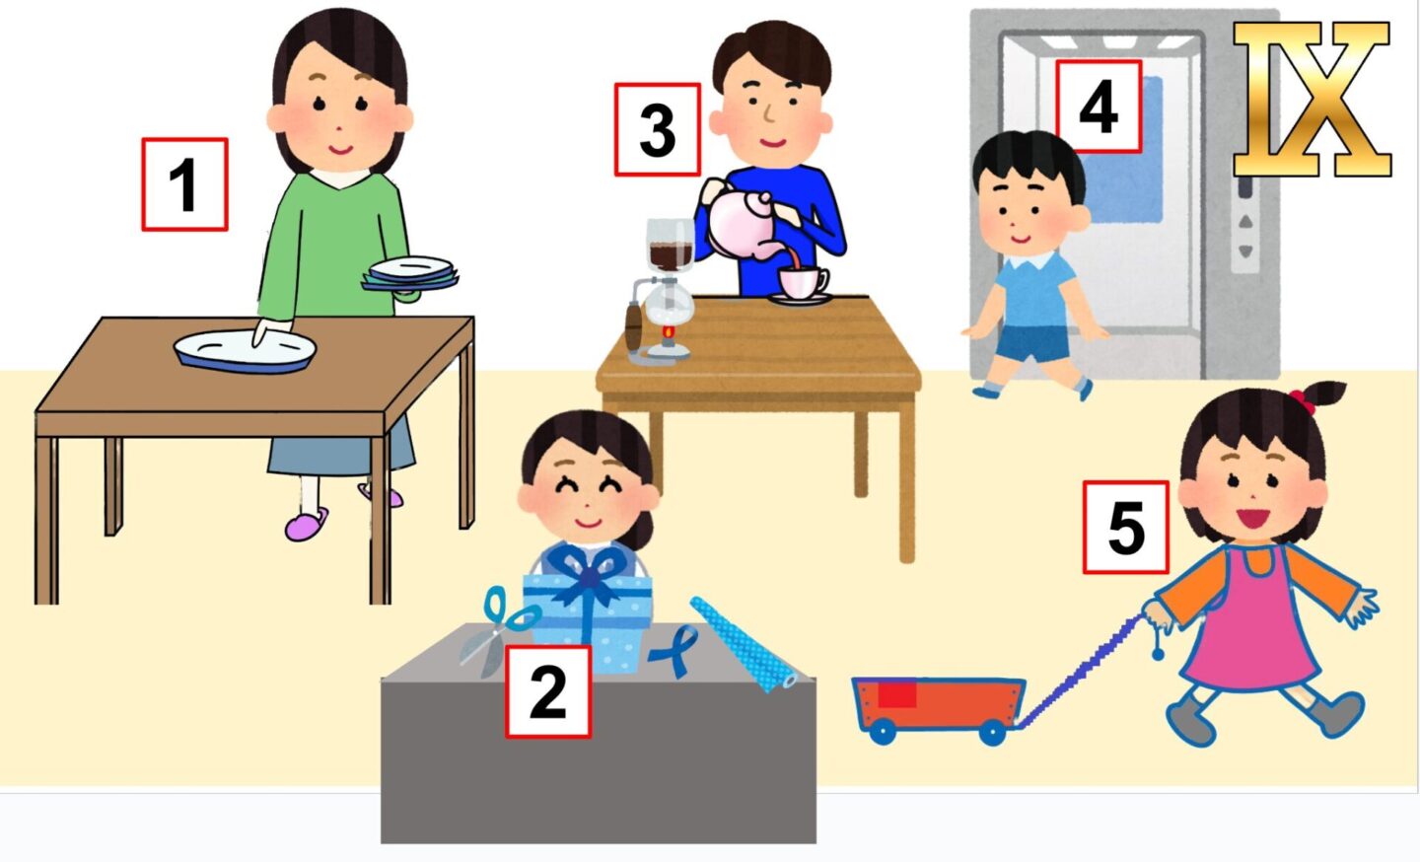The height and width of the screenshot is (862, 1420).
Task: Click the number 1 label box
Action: pos(184,184)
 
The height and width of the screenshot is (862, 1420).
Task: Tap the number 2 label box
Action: pos(548,691)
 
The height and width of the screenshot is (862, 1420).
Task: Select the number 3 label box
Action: pos(658,129)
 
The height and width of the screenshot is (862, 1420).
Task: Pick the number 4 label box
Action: pos(1099,107)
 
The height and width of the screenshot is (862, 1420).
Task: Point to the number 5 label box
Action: pos(1126,528)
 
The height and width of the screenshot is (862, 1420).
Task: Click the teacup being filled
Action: pos(803,283)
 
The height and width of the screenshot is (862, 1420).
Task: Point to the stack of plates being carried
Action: pos(411,274)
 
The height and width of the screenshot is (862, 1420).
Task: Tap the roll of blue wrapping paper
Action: pos(743,644)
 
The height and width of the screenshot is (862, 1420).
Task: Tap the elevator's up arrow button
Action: pos(1245,221)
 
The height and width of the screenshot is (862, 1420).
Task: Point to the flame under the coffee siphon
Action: pos(667,331)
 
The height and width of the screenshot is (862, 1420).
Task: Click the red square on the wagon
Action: pos(897,694)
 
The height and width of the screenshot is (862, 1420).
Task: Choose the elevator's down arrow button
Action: pos(1245,251)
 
